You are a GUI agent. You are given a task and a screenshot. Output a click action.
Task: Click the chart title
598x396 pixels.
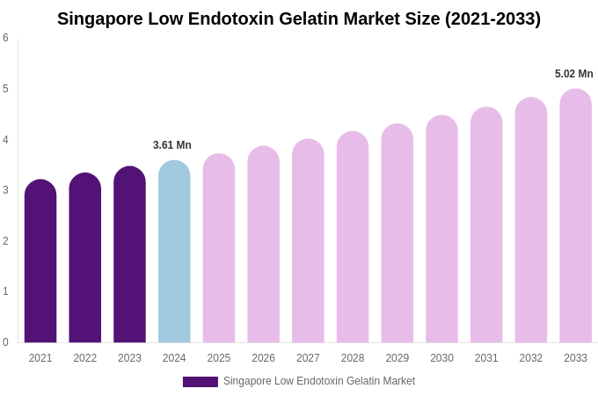(299, 18)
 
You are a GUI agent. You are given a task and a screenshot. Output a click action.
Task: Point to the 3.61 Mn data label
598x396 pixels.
(172, 145)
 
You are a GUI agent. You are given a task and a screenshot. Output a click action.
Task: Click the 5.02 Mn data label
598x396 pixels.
(573, 74)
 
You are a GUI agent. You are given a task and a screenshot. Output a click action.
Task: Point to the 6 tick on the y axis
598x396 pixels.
(5, 38)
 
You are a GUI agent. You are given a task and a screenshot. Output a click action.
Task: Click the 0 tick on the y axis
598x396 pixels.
(5, 342)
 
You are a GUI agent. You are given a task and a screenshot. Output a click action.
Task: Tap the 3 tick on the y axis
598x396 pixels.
(5, 190)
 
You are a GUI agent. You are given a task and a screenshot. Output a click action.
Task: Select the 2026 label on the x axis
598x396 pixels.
(264, 358)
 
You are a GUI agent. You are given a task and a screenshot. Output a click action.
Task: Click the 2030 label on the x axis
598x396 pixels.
(441, 358)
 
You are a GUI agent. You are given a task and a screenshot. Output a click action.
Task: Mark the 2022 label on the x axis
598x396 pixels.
(85, 358)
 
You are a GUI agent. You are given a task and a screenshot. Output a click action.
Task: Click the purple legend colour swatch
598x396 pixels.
(200, 382)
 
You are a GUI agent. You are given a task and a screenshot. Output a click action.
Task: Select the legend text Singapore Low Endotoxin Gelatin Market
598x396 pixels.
(319, 381)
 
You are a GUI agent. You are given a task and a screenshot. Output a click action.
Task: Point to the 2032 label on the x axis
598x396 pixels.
(531, 358)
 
